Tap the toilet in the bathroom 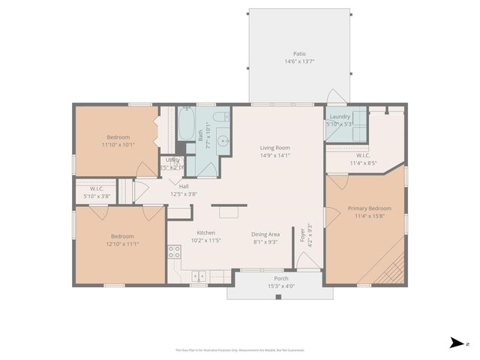[x=221, y=117]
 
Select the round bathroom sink [x=222, y=140]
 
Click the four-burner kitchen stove [x=174, y=253]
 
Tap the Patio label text [x=299, y=54]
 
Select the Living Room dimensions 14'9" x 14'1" [x=274, y=156]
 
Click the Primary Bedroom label [x=369, y=208]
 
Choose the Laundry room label [x=340, y=116]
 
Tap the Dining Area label [x=265, y=234]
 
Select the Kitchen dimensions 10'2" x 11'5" [x=205, y=241]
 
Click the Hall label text [x=184, y=186]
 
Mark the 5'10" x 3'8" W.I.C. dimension [x=97, y=196]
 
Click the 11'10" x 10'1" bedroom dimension [x=118, y=144]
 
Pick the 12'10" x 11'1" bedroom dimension [x=122, y=243]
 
